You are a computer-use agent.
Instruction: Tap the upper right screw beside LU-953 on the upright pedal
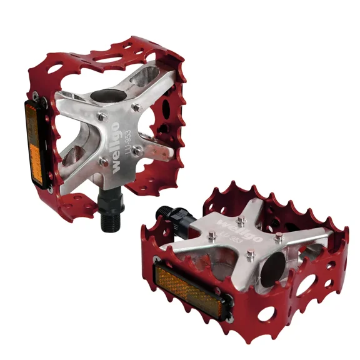pos(136,108)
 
